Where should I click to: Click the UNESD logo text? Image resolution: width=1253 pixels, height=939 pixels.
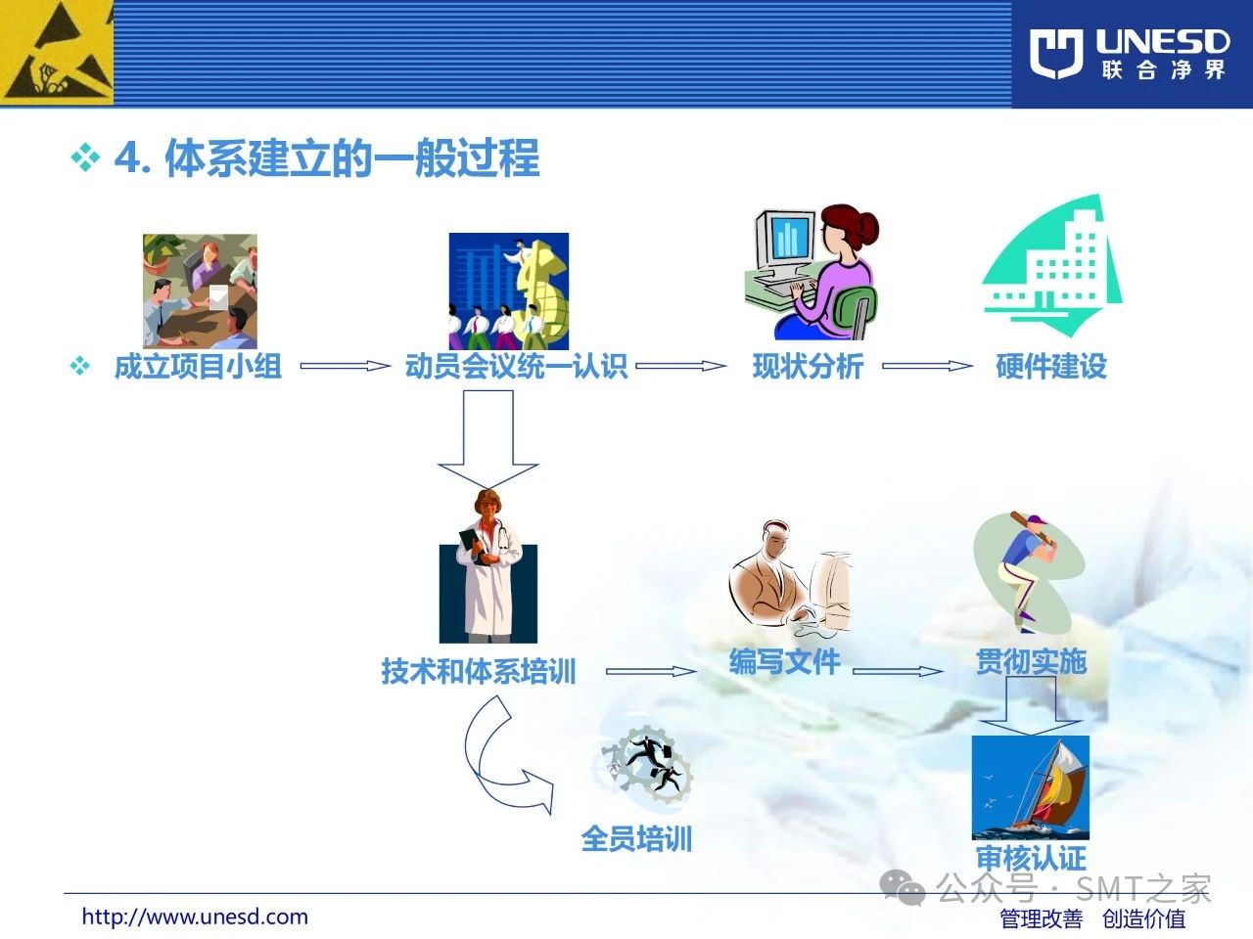coord(1162,42)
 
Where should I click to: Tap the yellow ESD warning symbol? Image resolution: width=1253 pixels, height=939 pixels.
coord(57,53)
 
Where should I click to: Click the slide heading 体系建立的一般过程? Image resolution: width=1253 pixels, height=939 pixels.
coord(352,157)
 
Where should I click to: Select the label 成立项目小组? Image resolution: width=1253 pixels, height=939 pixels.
coord(198,366)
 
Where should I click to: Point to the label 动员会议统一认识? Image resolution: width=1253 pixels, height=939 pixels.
coord(517,366)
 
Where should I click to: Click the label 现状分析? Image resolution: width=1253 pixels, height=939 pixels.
coord(808,366)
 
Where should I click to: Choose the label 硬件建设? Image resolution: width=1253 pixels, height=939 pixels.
coord(1051,366)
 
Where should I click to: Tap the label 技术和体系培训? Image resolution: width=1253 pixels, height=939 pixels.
coord(479,671)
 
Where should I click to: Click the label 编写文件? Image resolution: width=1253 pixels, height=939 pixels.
coord(784,662)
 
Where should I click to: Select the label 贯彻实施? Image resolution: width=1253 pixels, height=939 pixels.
coord(1031,662)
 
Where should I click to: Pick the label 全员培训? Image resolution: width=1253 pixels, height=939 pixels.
coord(636,838)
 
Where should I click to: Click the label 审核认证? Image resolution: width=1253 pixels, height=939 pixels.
coord(1031,858)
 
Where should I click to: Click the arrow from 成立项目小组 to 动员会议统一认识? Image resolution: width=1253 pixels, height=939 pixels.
coord(345,366)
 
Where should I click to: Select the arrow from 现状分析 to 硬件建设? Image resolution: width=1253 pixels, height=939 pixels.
coord(927,366)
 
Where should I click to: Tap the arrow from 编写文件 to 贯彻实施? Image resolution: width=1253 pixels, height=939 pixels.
coord(898,672)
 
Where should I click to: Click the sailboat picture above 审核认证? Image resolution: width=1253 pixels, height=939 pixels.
coord(1031,787)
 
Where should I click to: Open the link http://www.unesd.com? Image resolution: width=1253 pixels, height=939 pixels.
coord(195,917)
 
